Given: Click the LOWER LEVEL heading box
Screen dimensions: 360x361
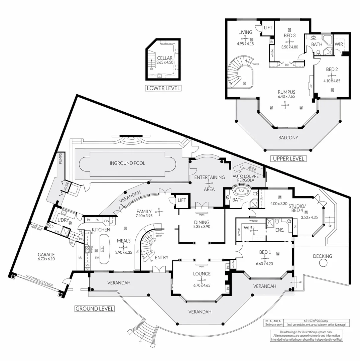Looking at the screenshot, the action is [x=163, y=88].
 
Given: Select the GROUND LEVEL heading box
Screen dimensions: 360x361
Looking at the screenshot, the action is [x=94, y=309].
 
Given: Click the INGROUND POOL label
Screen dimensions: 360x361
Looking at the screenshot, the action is [x=127, y=163].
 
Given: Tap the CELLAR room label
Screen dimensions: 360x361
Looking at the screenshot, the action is [x=165, y=58].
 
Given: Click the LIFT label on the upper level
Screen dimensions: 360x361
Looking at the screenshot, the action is [x=268, y=28].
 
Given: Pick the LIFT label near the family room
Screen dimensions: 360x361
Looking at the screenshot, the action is [x=182, y=200].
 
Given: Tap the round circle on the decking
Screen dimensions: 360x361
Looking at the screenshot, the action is [x=323, y=263].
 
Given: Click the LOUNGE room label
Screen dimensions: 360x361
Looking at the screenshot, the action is [x=202, y=274].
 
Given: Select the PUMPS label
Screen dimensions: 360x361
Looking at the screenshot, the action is [x=61, y=159].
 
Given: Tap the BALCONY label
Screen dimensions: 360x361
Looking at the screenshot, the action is [x=288, y=137].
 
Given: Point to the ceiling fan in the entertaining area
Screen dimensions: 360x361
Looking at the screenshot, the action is [x=209, y=183].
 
